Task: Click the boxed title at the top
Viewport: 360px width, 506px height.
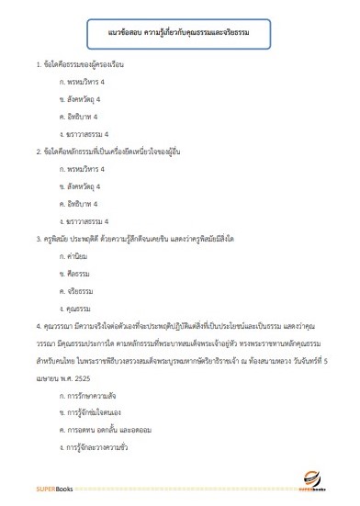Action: tap(179, 34)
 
